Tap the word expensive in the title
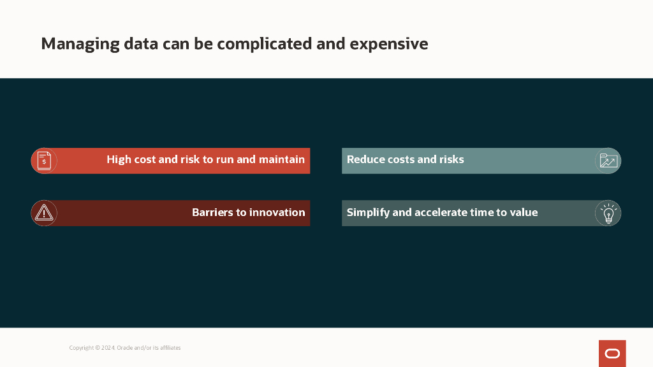point(388,44)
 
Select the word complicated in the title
point(265,44)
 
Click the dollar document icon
point(44,161)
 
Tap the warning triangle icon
point(44,213)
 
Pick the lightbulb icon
point(608,213)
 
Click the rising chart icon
point(608,161)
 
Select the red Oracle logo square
point(612,354)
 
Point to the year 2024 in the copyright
point(108,348)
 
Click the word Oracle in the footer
point(124,348)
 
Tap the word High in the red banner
point(119,160)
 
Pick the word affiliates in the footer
point(170,348)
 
